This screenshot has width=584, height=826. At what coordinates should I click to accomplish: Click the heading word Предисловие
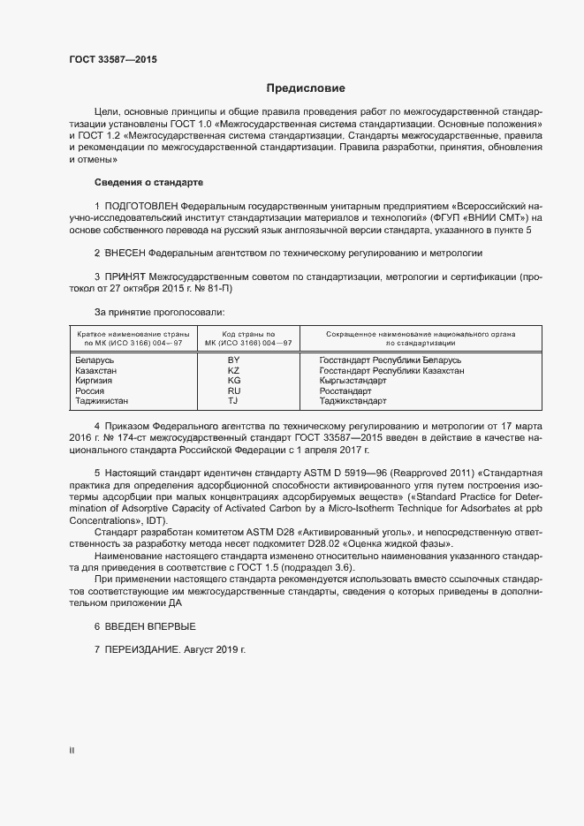click(306, 88)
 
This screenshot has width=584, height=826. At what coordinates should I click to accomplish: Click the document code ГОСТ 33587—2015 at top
click(113, 60)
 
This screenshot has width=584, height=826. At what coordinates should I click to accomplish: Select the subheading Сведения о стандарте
click(148, 182)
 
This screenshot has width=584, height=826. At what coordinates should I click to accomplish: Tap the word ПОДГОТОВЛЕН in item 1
click(142, 205)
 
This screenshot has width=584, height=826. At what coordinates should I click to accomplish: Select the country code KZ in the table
click(234, 371)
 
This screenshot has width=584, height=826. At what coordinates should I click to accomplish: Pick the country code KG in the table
click(234, 381)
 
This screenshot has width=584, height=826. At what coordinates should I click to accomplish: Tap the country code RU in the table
click(234, 390)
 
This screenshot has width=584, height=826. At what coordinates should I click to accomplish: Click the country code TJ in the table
click(234, 401)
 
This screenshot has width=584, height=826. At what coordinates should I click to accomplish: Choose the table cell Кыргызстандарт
click(353, 381)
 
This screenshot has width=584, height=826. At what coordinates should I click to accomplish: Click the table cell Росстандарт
click(345, 390)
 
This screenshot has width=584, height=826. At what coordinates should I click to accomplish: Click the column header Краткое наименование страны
click(133, 334)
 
